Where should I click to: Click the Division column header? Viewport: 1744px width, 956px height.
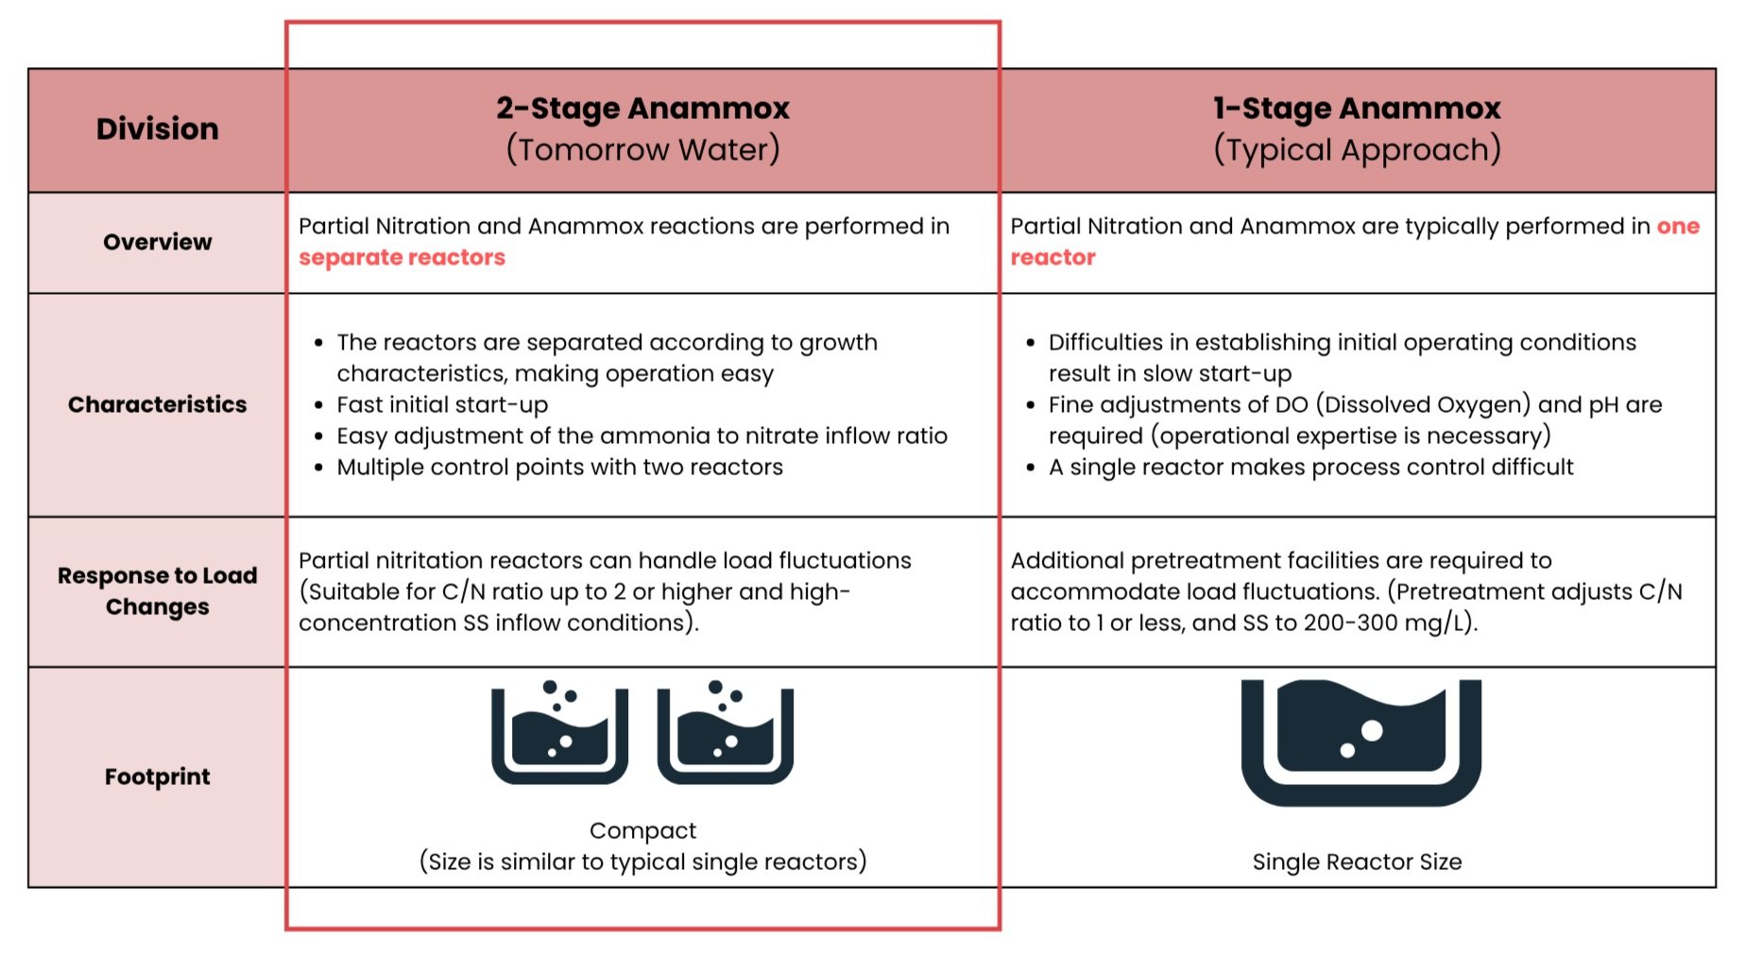[157, 128]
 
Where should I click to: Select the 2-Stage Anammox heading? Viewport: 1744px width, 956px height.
[642, 109]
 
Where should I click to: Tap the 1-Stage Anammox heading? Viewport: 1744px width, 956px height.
[1357, 109]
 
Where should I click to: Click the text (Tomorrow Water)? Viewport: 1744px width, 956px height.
[642, 149]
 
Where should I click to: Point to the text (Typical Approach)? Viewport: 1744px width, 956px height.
[1357, 149]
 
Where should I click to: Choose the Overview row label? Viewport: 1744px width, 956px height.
[158, 242]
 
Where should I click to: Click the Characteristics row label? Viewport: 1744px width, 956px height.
[157, 404]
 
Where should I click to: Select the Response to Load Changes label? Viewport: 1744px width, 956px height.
[157, 590]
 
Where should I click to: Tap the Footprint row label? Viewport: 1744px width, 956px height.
[157, 777]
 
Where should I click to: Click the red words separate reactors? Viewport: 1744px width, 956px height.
[402, 257]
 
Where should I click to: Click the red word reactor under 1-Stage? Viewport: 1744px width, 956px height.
[1052, 257]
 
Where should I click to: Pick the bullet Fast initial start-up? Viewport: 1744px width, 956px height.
[442, 404]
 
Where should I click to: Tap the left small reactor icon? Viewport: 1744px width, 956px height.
[559, 733]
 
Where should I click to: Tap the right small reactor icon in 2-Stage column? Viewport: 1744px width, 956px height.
[725, 733]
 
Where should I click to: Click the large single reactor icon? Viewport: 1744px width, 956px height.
[1360, 743]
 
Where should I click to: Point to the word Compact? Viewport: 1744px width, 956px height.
[642, 830]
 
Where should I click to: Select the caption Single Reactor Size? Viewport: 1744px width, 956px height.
[1357, 862]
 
